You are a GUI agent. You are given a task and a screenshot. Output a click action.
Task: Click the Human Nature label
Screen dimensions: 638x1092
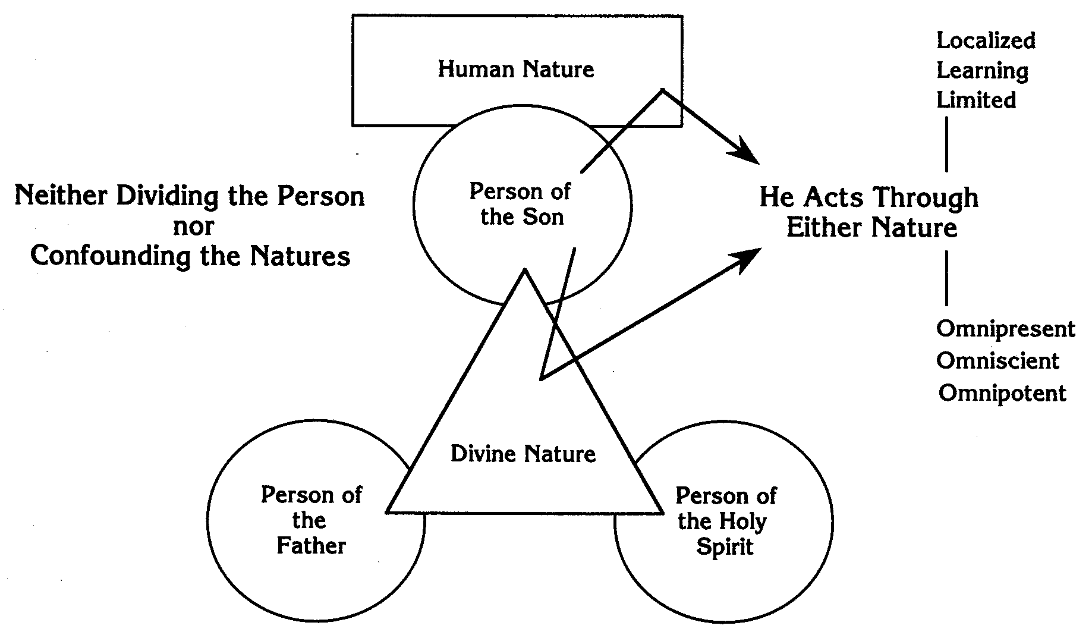click(516, 70)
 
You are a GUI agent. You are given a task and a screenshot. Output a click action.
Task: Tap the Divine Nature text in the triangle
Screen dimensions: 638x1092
click(523, 454)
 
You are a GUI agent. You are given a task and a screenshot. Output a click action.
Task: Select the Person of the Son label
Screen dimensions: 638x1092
click(521, 204)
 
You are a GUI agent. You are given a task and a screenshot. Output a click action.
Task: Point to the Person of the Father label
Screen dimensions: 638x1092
click(311, 520)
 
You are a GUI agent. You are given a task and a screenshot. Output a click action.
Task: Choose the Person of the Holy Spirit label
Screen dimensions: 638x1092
click(725, 521)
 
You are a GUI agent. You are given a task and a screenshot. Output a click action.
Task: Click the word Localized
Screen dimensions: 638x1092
click(986, 40)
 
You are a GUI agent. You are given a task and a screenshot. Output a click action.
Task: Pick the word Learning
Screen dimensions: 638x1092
click(982, 71)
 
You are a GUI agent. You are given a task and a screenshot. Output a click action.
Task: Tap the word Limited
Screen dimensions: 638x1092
click(976, 100)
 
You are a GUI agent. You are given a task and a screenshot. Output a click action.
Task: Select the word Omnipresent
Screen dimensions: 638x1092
click(1005, 329)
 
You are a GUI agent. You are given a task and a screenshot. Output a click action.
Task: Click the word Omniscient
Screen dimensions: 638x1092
click(997, 361)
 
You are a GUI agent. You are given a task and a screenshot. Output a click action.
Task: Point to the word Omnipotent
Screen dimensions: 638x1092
click(1002, 393)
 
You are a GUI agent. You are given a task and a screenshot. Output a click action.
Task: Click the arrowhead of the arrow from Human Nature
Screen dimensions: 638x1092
click(748, 155)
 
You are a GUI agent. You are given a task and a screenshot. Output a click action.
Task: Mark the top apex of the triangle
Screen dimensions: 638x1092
click(525, 271)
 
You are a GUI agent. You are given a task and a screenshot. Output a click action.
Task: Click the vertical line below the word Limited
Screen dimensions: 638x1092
click(946, 144)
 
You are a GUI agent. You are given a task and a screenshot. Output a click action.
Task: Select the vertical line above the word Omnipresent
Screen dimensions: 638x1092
click(946, 278)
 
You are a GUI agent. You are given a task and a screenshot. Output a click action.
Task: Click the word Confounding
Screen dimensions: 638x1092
click(110, 256)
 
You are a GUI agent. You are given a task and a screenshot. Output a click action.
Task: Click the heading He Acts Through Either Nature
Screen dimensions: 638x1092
click(870, 212)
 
